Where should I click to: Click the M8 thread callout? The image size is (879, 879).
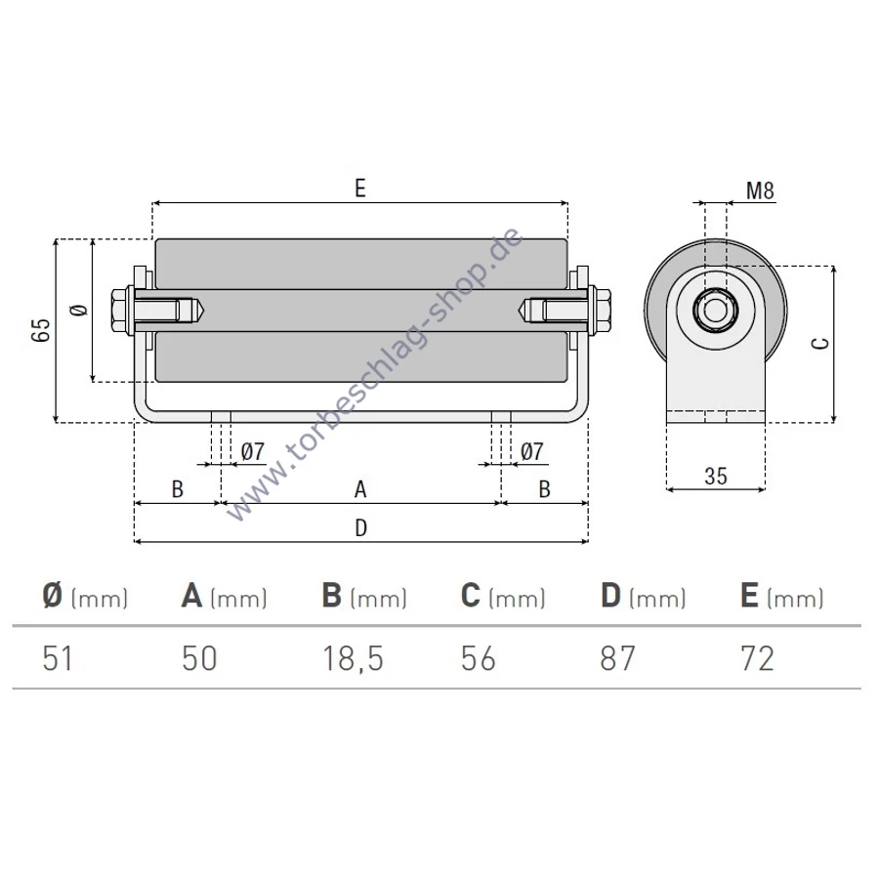tap(760, 190)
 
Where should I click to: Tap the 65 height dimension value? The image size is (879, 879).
tap(41, 330)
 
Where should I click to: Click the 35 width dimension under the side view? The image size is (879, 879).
tap(716, 476)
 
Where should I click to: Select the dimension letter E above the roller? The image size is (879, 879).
tap(359, 188)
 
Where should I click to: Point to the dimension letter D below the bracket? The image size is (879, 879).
tap(361, 527)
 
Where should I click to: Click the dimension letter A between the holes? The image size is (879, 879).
tap(360, 489)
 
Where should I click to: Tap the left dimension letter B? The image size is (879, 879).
tap(177, 489)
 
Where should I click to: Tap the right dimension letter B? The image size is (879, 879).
tap(544, 489)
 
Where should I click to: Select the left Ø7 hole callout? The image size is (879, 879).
tap(252, 451)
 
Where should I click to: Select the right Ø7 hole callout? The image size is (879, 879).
tap(532, 451)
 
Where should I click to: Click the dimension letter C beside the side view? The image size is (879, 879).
tap(820, 343)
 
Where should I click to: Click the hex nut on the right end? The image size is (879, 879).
tap(603, 310)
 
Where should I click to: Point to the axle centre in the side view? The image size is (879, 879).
tap(715, 310)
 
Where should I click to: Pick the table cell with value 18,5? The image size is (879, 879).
tap(354, 658)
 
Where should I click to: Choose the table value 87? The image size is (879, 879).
tap(617, 658)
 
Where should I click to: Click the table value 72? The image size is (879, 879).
tap(757, 658)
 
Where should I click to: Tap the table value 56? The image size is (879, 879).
tap(479, 658)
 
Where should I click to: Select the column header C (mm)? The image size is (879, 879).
tap(503, 596)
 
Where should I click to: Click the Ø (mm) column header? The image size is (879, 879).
tap(85, 596)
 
